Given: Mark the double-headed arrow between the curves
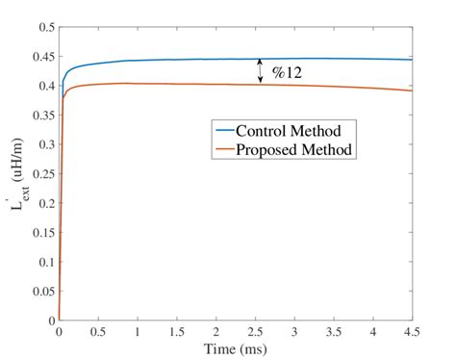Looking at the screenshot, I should point(259,71).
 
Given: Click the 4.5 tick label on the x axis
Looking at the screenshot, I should point(412,332).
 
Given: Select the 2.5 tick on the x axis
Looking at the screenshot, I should point(255,332).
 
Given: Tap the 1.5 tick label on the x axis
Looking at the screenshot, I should point(177,332).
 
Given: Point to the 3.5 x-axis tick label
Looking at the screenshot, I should point(334,332).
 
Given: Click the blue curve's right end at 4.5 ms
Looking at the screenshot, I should point(412,60).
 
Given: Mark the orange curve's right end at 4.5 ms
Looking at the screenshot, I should point(412,90).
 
